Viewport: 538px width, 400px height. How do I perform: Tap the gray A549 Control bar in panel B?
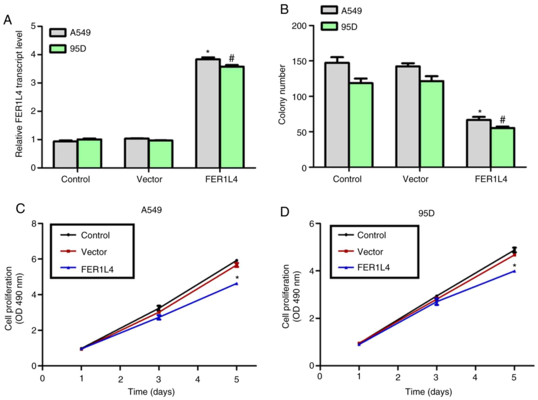coord(337,115)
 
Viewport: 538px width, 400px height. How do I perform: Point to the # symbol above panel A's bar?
coord(232,58)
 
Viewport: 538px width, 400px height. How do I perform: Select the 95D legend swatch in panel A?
coord(58,49)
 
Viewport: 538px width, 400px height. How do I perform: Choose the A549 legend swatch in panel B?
coord(329,10)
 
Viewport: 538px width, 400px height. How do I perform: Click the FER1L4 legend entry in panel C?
coord(97,269)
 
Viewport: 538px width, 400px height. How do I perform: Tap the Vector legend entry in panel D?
coord(370,252)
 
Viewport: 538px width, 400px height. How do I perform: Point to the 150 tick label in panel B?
coord(299,61)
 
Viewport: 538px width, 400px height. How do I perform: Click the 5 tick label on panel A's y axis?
coord(33,26)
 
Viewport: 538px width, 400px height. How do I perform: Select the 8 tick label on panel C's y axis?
coord(34,224)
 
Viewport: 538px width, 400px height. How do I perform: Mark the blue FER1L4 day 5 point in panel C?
coord(236,284)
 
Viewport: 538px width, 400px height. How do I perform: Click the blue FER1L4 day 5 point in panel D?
coord(514,271)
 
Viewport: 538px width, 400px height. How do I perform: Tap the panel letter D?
coord(285,212)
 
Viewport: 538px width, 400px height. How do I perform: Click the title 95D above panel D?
coord(426,213)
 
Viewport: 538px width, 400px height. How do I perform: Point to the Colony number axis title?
coord(282,94)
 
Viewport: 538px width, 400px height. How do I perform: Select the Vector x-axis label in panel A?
coord(149,179)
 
